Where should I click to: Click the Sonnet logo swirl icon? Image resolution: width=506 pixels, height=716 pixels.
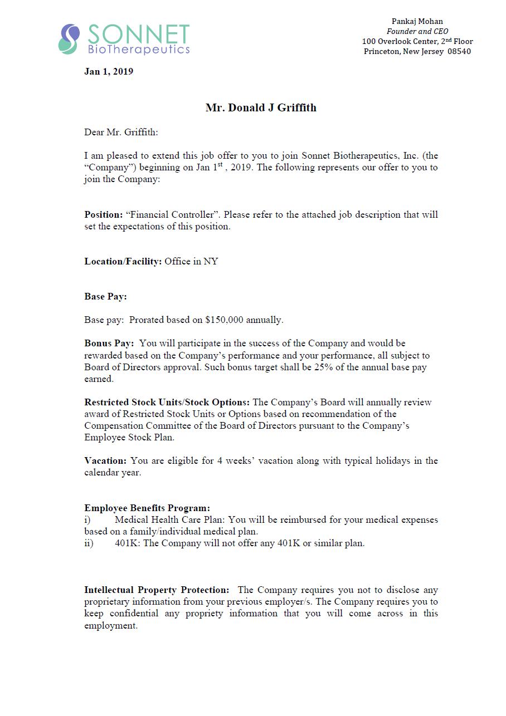pos(69,39)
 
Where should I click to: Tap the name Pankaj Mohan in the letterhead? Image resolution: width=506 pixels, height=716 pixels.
pos(417,22)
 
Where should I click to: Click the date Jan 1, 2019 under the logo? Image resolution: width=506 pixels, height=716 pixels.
pos(109,71)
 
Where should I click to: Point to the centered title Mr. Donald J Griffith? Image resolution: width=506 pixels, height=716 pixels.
pos(261,108)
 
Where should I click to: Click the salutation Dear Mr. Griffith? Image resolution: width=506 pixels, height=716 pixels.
pos(121,132)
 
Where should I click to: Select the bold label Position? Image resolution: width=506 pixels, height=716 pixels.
pos(104,214)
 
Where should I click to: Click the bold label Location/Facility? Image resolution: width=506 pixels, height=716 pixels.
pos(123,261)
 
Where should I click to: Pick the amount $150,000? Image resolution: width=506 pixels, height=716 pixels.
pos(225,320)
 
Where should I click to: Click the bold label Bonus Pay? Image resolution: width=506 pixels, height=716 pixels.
pos(109,344)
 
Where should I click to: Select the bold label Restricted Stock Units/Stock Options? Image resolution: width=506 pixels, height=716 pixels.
pos(167,402)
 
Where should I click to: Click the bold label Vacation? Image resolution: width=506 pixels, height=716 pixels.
pos(105,460)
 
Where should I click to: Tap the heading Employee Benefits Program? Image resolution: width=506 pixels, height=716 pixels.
pos(147,508)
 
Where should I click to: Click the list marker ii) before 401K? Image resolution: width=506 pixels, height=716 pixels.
pos(89,543)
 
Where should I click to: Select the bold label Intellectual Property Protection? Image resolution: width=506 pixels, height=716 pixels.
pos(157,590)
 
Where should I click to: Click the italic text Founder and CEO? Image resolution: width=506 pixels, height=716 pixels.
pos(417,32)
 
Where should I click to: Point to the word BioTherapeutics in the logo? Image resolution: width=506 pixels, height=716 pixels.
pos(139,50)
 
